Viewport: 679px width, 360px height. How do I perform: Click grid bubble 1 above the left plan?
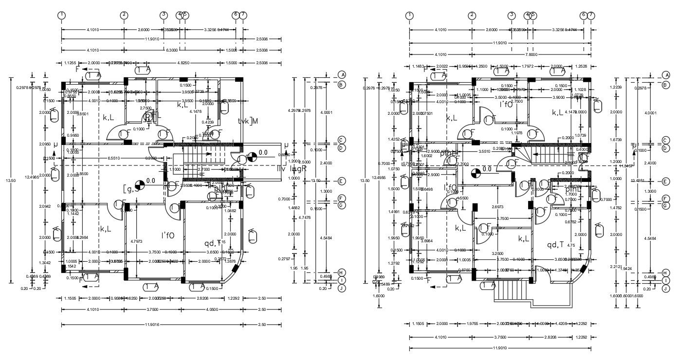(x=61, y=15)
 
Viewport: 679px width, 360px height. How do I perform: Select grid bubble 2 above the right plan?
(x=472, y=15)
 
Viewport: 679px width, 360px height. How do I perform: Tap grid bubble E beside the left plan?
(x=342, y=181)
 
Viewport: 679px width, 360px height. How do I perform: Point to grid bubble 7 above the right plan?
(x=591, y=15)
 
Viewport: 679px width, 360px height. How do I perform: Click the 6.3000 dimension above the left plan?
(x=171, y=50)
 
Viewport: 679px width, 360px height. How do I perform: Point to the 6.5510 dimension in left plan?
(x=114, y=158)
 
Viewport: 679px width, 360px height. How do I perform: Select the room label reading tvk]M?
(x=248, y=121)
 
